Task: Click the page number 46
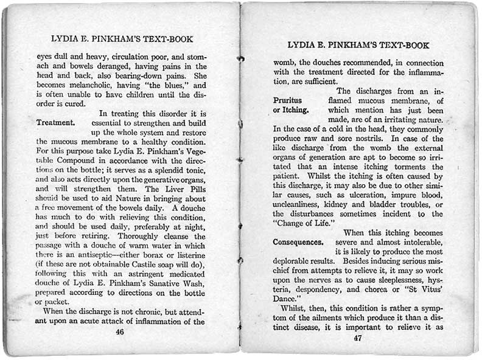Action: coord(120,332)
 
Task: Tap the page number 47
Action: coord(357,339)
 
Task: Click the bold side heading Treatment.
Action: coord(55,122)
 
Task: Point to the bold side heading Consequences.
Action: coord(298,242)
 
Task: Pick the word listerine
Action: coord(186,255)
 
